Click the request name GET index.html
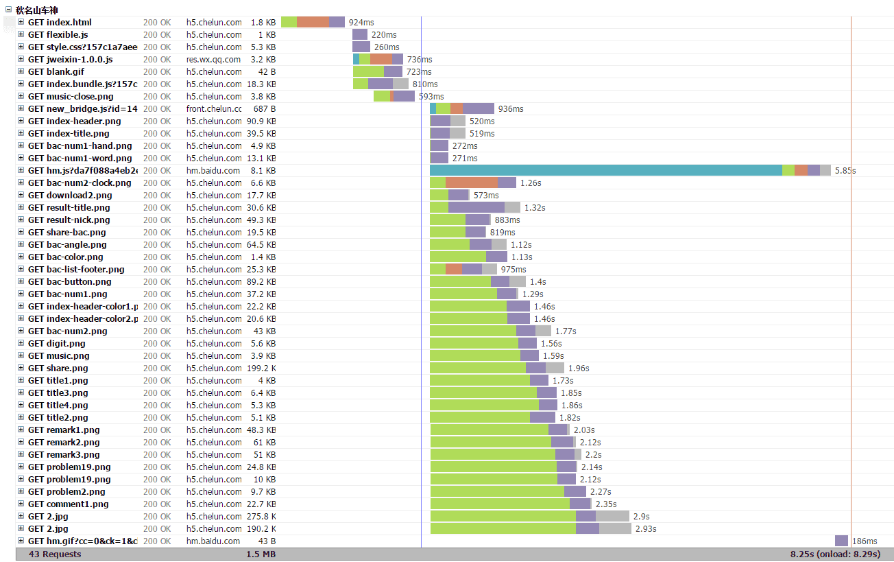point(60,23)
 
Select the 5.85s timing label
point(845,171)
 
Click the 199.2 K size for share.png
point(261,368)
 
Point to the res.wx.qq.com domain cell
point(213,60)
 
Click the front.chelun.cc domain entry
point(214,109)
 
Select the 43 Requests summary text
point(54,554)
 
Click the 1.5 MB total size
point(261,554)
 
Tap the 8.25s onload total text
point(835,554)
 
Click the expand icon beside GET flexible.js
point(21,35)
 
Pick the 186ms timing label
point(865,541)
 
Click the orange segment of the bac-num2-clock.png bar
point(471,183)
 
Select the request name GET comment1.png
point(68,504)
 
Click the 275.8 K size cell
point(261,517)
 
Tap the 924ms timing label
point(361,23)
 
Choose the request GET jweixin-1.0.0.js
point(70,60)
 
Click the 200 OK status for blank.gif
point(157,72)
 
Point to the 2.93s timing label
point(646,529)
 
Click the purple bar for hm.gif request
point(841,541)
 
